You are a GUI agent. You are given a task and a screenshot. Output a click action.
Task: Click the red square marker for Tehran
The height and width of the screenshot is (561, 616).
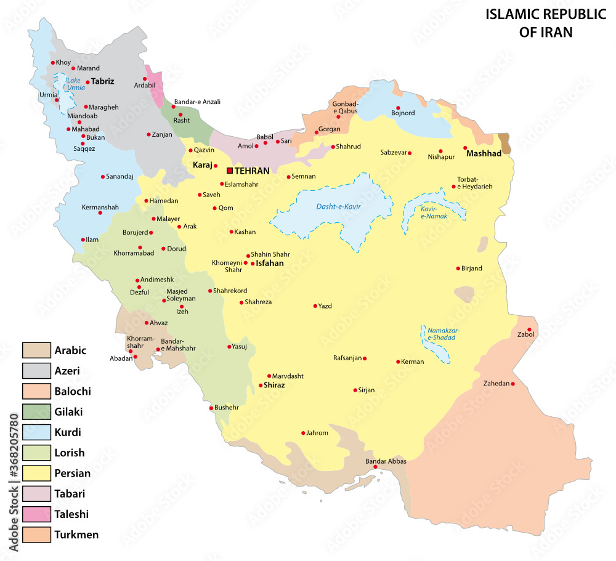pyautogui.click(x=230, y=171)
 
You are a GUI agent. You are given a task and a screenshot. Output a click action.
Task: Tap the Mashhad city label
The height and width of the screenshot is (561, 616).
pyautogui.click(x=484, y=153)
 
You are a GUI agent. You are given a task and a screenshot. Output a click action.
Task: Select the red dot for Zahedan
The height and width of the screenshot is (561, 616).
pyautogui.click(x=513, y=384)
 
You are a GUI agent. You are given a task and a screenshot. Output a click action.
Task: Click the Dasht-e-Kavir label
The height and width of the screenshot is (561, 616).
pyautogui.click(x=338, y=206)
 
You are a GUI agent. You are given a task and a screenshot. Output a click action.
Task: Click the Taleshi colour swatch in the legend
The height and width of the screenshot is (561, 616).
pyautogui.click(x=36, y=514)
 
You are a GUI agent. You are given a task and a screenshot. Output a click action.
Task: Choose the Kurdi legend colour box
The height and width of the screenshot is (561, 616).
pyautogui.click(x=36, y=432)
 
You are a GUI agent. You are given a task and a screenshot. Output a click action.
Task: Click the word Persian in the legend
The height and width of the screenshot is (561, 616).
pyautogui.click(x=72, y=474)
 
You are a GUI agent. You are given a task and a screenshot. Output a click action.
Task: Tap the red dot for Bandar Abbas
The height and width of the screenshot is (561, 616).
pyautogui.click(x=375, y=467)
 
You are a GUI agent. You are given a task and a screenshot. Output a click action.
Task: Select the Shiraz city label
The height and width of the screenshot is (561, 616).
pyautogui.click(x=274, y=385)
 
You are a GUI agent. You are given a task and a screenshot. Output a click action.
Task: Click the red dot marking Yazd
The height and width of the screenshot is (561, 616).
pyautogui.click(x=315, y=305)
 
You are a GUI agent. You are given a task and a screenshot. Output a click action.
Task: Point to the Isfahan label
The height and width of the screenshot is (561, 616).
pyautogui.click(x=270, y=264)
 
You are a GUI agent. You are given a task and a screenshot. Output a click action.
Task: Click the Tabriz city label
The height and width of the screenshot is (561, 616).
pyautogui.click(x=103, y=81)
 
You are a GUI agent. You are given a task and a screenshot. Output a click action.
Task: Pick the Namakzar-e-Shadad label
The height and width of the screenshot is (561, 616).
pyautogui.click(x=443, y=334)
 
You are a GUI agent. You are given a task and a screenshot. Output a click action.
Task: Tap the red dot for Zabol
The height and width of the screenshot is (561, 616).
pyautogui.click(x=529, y=329)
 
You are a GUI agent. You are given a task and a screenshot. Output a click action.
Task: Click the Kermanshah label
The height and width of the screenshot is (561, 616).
pyautogui.click(x=100, y=208)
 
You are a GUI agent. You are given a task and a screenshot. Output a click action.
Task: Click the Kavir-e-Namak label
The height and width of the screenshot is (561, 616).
pyautogui.click(x=434, y=212)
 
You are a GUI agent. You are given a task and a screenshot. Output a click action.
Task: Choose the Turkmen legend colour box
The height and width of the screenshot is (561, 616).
pyautogui.click(x=36, y=534)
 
